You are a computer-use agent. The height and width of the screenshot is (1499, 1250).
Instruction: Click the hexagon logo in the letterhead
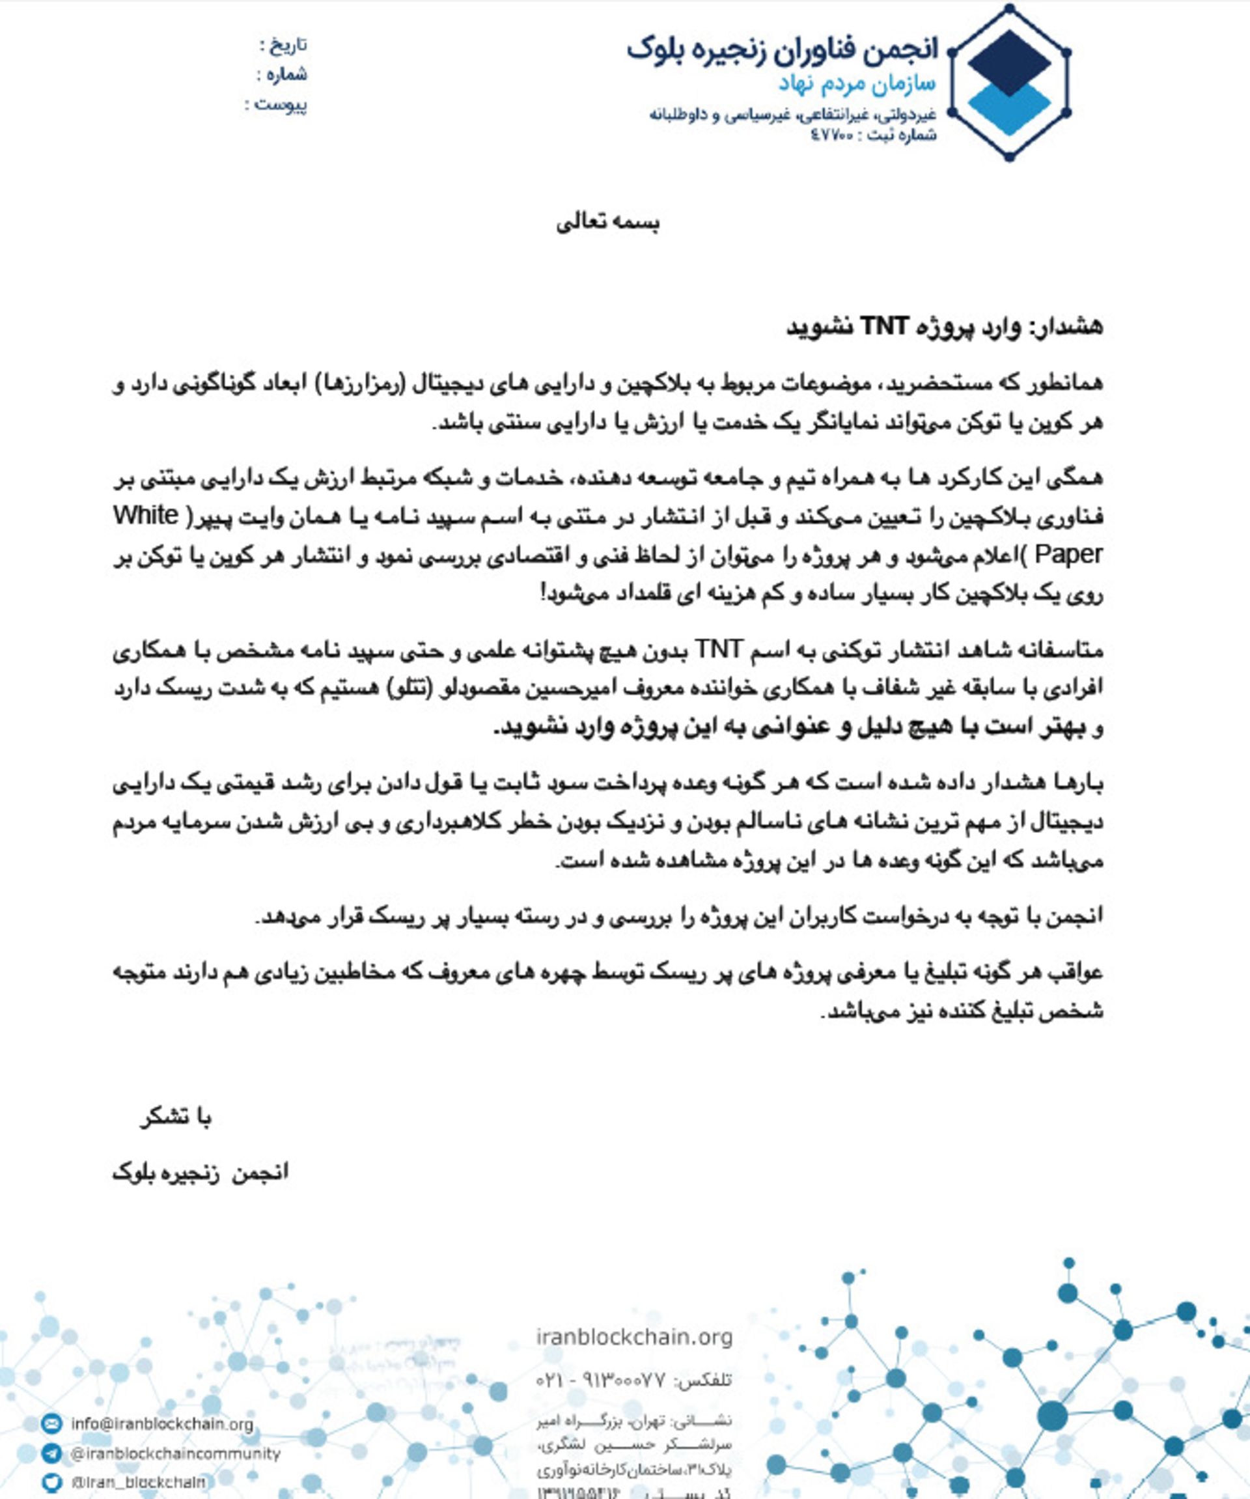1009,82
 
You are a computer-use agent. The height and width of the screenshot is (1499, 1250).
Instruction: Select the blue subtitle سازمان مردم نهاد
857,84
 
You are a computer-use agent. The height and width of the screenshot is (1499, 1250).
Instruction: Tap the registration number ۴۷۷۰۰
831,135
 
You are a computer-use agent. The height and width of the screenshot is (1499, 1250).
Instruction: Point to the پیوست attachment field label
282,105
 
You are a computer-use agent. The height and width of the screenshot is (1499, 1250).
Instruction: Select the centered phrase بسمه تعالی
608,223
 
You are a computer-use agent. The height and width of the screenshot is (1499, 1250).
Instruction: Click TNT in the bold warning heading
884,326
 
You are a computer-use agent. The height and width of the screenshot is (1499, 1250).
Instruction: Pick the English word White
146,515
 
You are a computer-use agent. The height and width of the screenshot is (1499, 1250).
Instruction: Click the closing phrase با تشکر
176,1118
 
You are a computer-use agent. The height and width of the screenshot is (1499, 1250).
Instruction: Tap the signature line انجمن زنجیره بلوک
201,1173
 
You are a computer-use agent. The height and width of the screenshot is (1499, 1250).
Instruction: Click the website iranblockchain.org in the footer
634,1337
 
